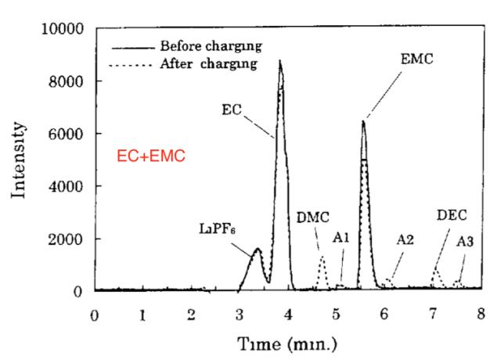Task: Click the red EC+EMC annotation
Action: (151, 157)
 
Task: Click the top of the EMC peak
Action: (363, 121)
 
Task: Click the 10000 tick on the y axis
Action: (62, 29)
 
